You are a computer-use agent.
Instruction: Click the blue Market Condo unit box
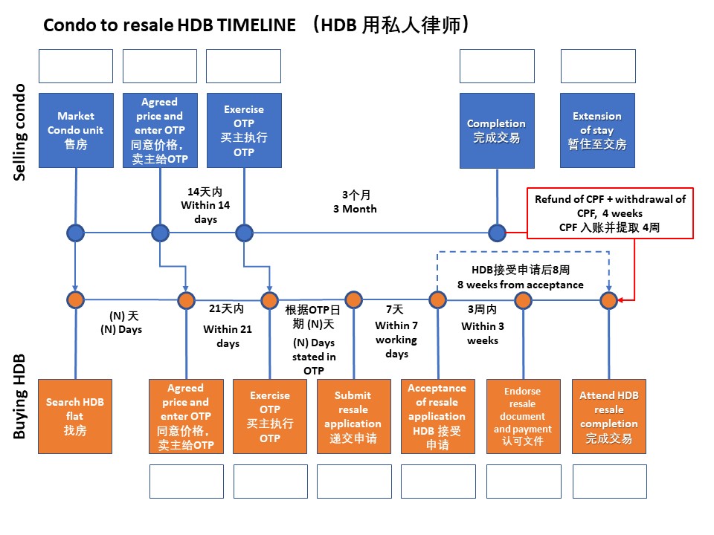click(75, 130)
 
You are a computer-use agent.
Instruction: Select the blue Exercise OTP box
click(244, 130)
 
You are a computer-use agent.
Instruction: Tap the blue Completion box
click(497, 130)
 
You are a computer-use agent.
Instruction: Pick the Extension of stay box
click(597, 130)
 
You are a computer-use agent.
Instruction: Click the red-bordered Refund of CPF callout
click(610, 213)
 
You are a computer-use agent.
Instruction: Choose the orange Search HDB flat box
click(75, 415)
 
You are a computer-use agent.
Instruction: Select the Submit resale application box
click(353, 415)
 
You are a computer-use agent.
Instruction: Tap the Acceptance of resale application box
click(437, 415)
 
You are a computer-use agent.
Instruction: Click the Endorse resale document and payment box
click(522, 415)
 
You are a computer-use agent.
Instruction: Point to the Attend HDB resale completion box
click(608, 415)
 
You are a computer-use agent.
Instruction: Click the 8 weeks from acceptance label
click(521, 285)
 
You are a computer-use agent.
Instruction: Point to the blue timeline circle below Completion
click(498, 233)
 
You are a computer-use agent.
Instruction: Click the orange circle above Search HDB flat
click(75, 300)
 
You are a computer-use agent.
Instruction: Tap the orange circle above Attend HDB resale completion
click(609, 300)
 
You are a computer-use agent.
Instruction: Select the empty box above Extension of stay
click(597, 65)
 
